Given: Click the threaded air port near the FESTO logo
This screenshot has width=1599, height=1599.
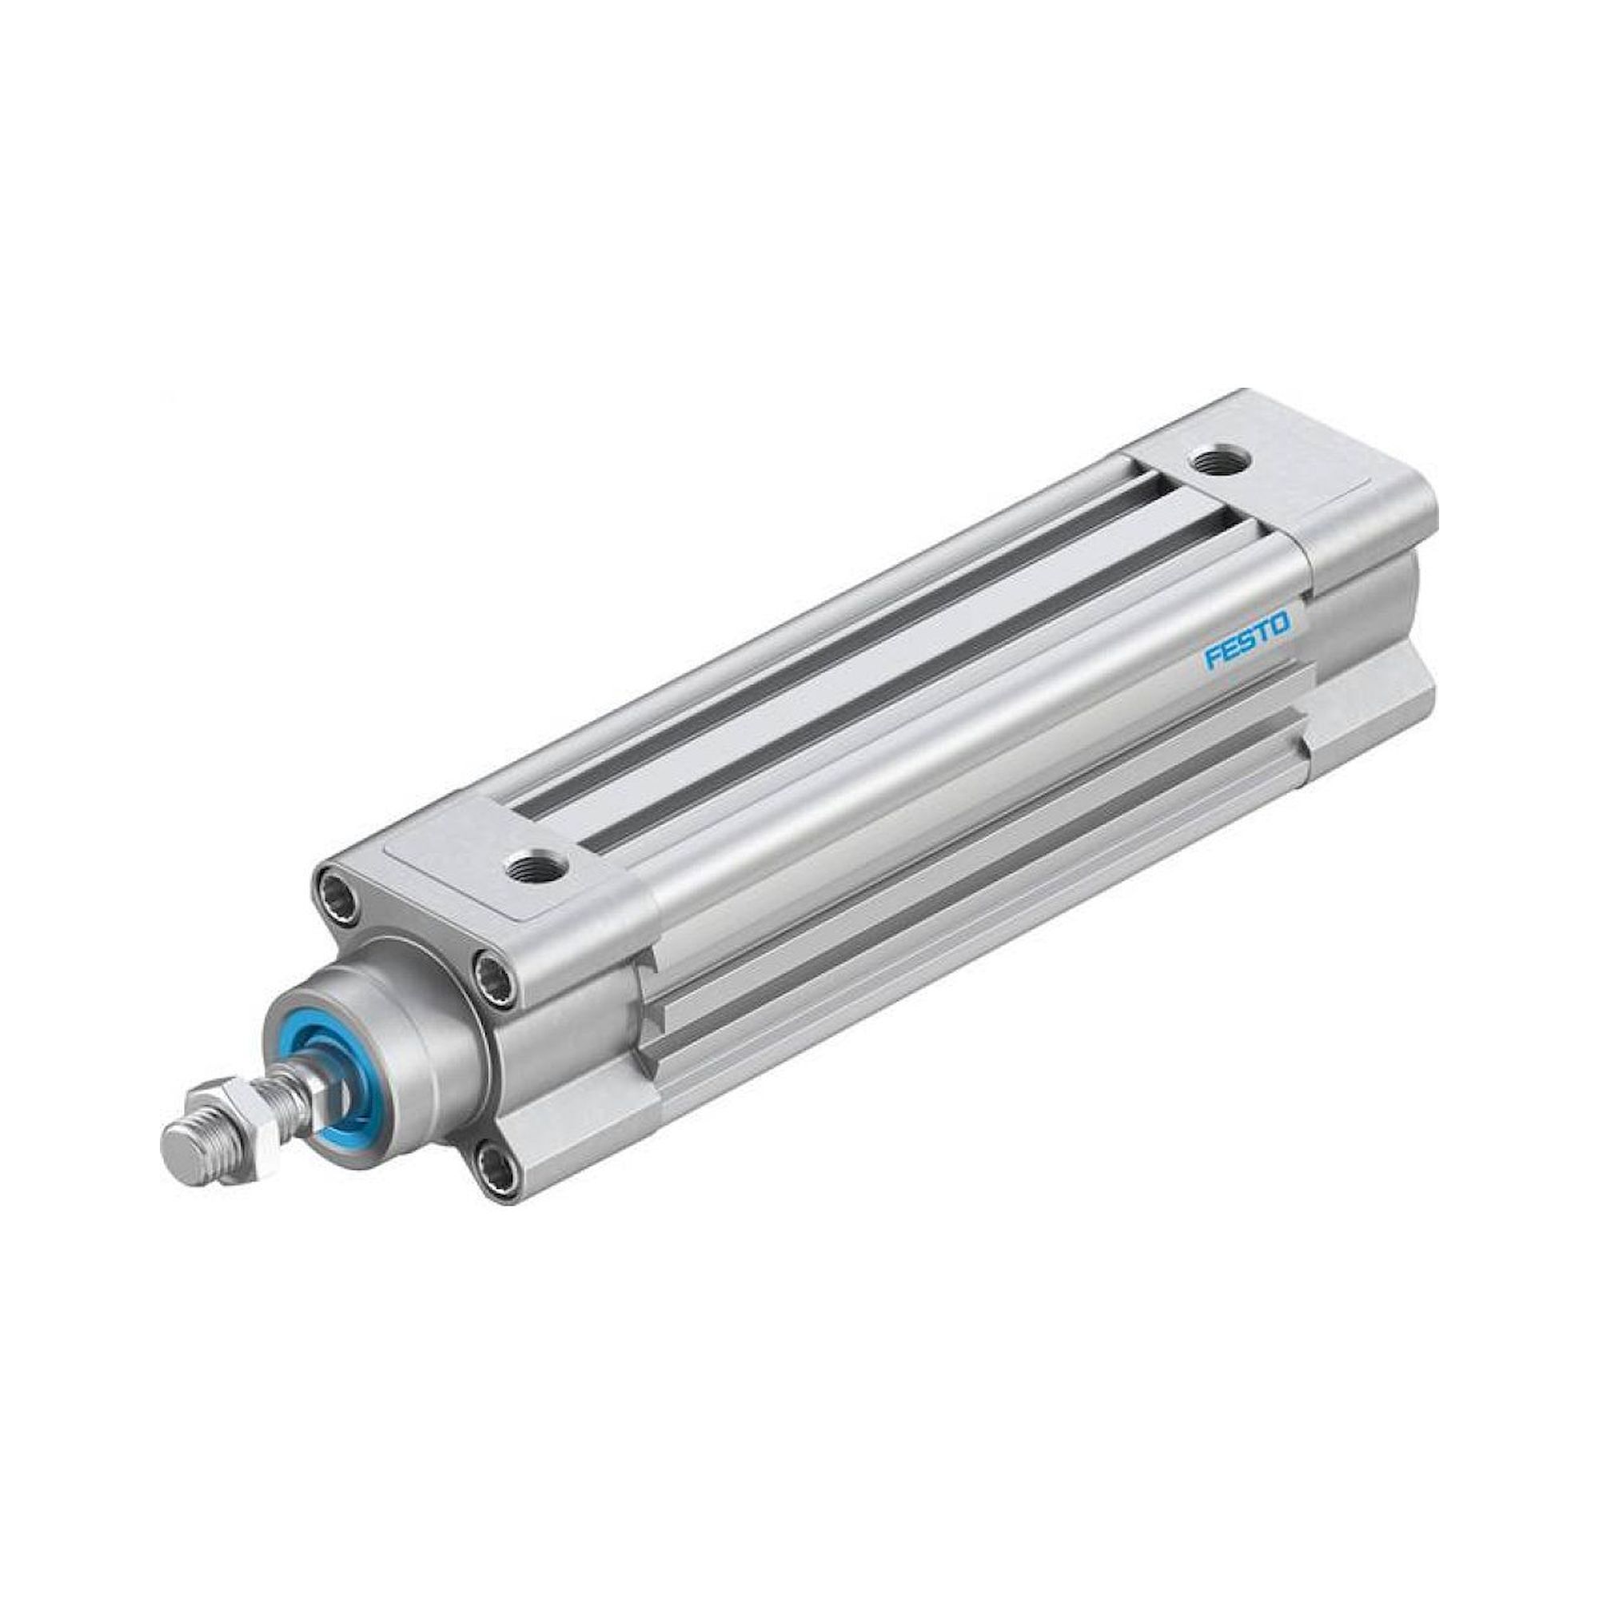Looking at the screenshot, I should click(1215, 461).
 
